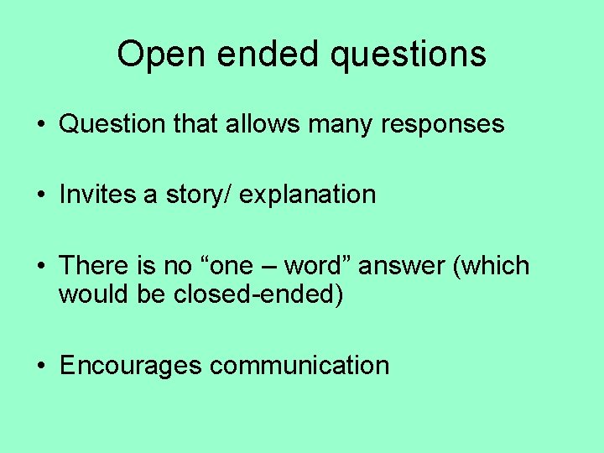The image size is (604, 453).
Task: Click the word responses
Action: [443, 125]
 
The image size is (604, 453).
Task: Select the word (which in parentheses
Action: [492, 266]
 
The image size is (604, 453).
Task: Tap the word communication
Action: [299, 366]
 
